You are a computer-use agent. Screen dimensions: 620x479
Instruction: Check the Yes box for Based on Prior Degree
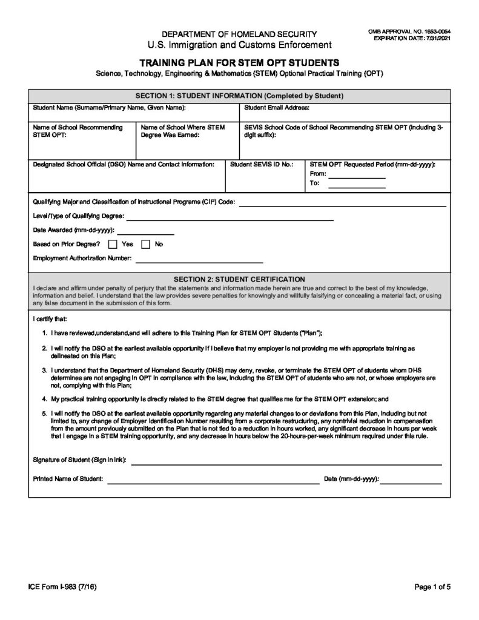[113, 245]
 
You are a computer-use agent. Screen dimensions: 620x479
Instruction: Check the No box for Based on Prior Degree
[146, 245]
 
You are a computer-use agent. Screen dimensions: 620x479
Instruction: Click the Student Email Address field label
[277, 108]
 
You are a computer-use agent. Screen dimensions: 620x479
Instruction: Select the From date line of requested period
[357, 177]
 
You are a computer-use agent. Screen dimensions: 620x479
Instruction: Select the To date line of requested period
[357, 186]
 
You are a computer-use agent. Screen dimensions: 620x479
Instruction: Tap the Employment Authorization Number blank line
[199, 262]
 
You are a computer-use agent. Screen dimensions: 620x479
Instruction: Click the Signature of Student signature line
[286, 463]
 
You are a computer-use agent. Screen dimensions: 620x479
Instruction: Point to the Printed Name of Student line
[213, 483]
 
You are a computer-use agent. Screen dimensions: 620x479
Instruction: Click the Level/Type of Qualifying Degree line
[230, 219]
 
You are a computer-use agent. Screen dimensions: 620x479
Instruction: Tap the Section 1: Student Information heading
[239, 96]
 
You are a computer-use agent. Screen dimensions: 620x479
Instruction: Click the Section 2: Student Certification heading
[239, 279]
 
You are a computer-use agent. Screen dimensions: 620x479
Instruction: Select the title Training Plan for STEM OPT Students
[239, 62]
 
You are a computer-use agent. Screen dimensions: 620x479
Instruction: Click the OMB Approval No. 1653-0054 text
[412, 31]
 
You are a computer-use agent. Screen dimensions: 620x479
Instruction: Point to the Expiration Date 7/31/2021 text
[412, 38]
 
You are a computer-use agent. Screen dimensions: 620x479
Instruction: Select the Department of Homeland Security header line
[239, 34]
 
